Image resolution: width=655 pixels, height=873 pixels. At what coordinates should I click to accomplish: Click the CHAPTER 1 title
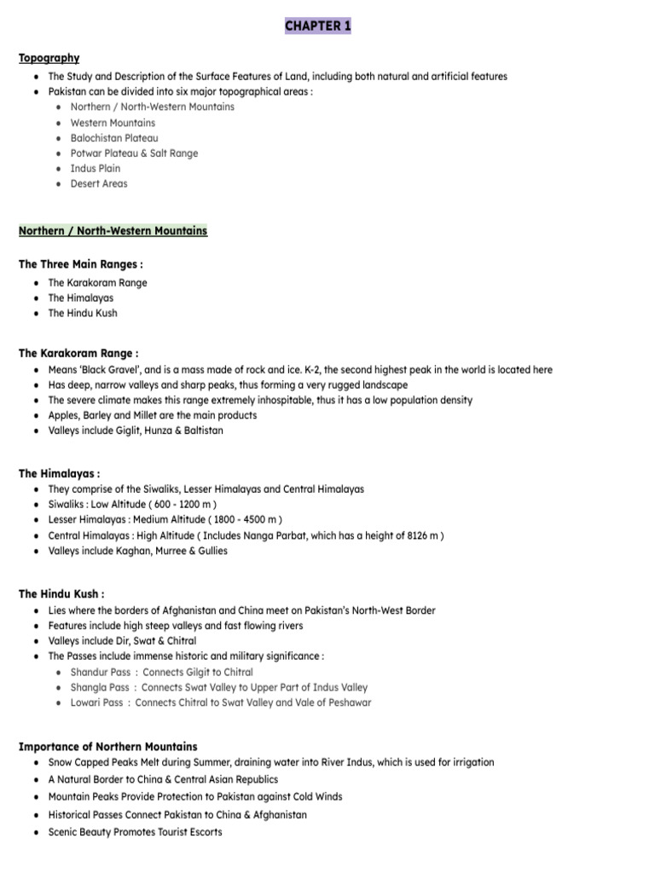pos(317,26)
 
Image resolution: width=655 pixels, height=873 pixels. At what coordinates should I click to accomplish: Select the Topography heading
pos(49,58)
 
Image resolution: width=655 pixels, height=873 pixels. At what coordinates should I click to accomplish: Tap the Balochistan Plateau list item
pos(114,138)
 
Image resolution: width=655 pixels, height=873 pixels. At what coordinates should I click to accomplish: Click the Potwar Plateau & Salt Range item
pos(134,153)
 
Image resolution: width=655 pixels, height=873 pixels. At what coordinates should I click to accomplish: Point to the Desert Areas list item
pos(99,184)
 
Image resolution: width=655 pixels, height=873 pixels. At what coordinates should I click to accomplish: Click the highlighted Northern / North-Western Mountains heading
pos(113,231)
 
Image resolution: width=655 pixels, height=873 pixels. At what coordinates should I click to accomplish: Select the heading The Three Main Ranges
pos(80,264)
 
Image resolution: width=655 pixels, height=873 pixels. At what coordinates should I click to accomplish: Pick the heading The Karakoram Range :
pos(78,352)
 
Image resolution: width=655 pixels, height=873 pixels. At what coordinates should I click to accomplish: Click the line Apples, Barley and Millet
pos(152,416)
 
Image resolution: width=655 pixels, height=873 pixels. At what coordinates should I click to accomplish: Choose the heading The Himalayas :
pos(60,473)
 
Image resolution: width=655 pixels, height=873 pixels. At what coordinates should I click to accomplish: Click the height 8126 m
pos(422,535)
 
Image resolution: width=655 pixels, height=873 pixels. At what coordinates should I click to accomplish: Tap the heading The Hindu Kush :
pos(61,593)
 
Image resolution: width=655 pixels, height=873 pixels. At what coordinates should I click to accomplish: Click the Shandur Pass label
pos(101,673)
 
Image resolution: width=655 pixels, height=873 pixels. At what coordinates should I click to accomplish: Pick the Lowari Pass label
pos(98,703)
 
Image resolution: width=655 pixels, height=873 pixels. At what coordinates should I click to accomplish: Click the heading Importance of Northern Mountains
pos(107,746)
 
